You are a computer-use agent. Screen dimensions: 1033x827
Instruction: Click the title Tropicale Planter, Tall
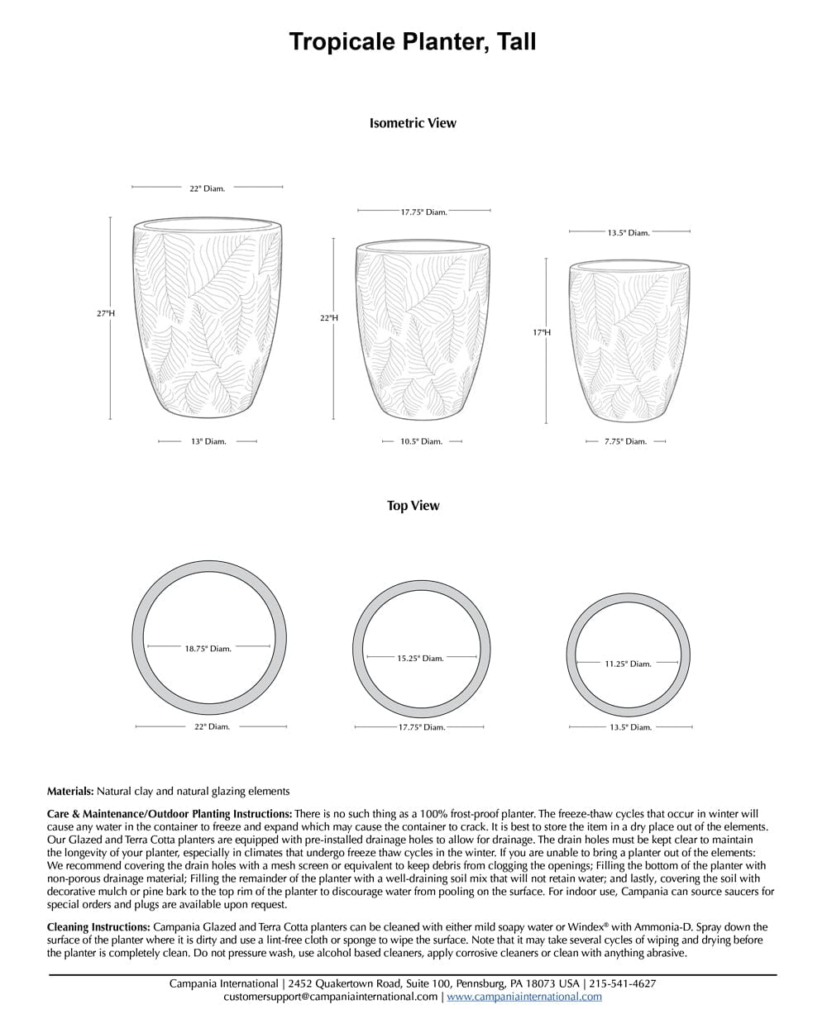[x=413, y=42]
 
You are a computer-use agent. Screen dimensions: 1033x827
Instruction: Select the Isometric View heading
[x=413, y=123]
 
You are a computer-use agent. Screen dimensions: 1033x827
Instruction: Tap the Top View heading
[x=413, y=506]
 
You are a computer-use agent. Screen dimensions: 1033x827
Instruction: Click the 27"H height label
[x=105, y=313]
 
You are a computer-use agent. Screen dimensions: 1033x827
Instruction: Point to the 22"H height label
[x=328, y=318]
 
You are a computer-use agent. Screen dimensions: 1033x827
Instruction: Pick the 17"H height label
[x=542, y=332]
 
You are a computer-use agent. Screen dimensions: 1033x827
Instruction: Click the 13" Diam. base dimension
[x=208, y=441]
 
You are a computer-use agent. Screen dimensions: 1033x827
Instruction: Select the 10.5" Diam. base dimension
[x=421, y=441]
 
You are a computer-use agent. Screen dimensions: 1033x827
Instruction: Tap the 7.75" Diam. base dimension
[x=625, y=441]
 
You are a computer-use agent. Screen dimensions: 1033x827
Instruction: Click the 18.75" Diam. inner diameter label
[x=208, y=649]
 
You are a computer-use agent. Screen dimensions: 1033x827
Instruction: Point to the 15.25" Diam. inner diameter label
[x=420, y=659]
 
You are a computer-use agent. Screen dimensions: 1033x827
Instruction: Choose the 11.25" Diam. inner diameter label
[x=628, y=664]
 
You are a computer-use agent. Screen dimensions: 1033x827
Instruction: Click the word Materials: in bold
[x=70, y=792]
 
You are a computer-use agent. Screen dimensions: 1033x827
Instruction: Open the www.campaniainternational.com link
[x=524, y=997]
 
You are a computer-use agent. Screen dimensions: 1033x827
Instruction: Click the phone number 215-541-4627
[x=623, y=983]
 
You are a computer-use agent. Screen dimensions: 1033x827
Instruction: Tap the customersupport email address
[x=331, y=997]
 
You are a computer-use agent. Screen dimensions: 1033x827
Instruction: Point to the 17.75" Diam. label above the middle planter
[x=423, y=212]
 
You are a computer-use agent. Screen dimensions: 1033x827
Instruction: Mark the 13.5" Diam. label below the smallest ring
[x=630, y=727]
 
